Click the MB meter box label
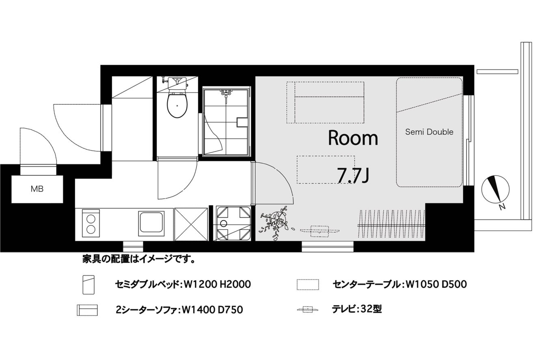[37, 189]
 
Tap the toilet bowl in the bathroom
[177, 105]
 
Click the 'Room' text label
[353, 138]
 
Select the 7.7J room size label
[353, 175]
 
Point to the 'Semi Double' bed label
[429, 132]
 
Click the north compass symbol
[495, 189]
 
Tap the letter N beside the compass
[502, 207]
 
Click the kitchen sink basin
[151, 223]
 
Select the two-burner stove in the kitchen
[91, 223]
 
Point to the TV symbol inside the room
[320, 231]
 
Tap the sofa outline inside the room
[325, 102]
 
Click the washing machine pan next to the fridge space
[233, 223]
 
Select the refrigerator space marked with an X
[191, 224]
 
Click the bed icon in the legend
[89, 285]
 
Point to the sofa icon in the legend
[87, 310]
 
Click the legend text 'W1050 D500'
[436, 285]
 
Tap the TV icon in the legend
[308, 309]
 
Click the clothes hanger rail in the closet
[391, 226]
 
